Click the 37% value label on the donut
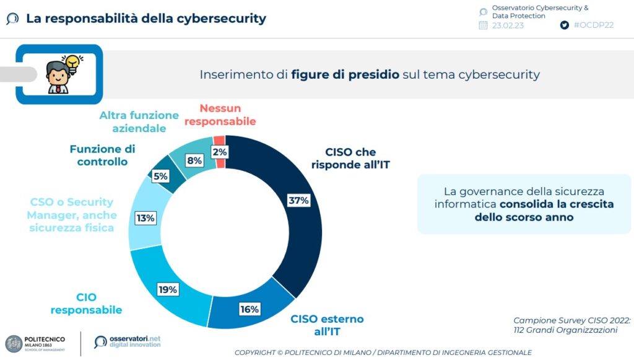click(298, 200)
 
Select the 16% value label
click(249, 309)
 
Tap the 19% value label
click(167, 289)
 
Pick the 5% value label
click(160, 175)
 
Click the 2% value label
click(219, 151)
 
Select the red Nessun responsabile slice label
click(220, 115)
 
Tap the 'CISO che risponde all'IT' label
click(350, 158)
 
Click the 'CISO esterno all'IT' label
click(327, 325)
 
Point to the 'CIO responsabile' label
click(86, 304)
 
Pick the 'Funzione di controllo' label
click(102, 155)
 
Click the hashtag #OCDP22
click(594, 25)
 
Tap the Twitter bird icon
click(564, 25)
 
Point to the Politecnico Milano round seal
click(14, 344)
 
